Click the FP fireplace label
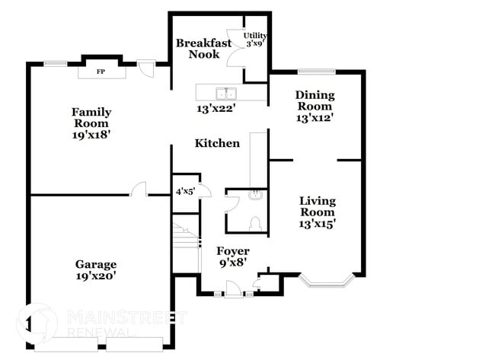[x=100, y=73]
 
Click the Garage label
[x=95, y=264]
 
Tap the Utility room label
[x=254, y=36]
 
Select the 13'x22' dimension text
[x=216, y=109]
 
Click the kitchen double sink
[x=225, y=94]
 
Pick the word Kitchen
[x=217, y=143]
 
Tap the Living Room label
[x=317, y=206]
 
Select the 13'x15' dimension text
[x=317, y=224]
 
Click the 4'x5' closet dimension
[x=185, y=192]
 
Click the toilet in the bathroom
[x=257, y=223]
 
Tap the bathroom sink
[x=256, y=196]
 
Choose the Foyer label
[x=232, y=251]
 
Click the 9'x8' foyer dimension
[x=232, y=264]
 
